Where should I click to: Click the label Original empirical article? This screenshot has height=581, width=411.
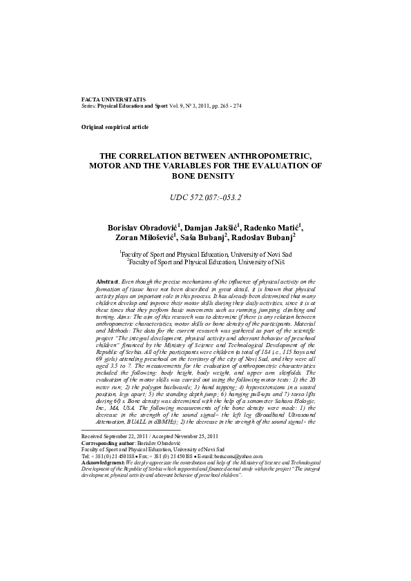(x=115, y=128)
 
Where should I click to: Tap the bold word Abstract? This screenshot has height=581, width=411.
(x=109, y=282)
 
